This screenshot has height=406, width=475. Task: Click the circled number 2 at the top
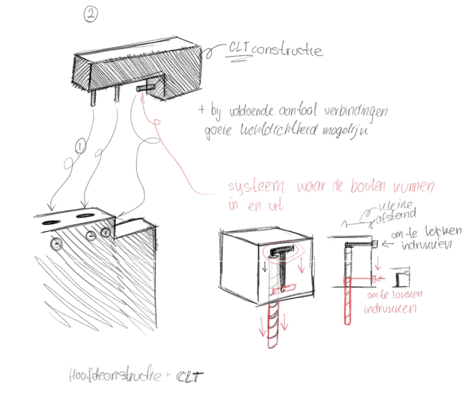[91, 15]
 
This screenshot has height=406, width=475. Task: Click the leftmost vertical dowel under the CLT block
[93, 98]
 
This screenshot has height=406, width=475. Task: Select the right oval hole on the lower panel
[84, 215]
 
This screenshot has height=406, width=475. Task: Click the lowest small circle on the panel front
[56, 244]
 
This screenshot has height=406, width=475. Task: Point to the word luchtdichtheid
[279, 130]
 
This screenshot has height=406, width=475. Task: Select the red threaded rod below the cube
[273, 324]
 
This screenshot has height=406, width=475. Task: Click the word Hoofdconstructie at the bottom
[115, 375]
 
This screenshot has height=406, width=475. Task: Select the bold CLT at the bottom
[189, 377]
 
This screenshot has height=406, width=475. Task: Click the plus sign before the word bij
[201, 109]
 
